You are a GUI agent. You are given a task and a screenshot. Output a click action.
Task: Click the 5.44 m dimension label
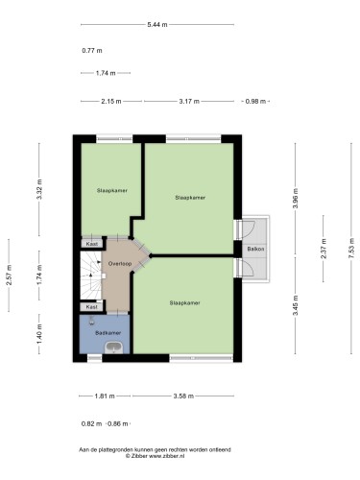(157, 24)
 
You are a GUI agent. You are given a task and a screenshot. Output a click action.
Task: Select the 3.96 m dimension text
(295, 199)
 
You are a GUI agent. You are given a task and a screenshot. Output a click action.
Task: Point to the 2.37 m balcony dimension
(324, 249)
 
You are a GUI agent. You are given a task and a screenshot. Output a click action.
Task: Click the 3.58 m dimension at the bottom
(183, 396)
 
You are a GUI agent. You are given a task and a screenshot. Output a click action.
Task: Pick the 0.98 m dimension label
(255, 102)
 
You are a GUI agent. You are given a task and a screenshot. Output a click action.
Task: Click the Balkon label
(255, 249)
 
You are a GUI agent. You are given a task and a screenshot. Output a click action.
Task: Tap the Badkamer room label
(108, 333)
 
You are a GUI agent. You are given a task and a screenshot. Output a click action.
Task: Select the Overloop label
(120, 264)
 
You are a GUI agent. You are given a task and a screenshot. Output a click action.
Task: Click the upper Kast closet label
(92, 244)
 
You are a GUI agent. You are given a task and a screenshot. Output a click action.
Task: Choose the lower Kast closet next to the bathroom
(92, 307)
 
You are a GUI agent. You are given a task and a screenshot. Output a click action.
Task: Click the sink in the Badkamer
(114, 348)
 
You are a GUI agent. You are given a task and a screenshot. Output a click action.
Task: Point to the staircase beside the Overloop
(90, 276)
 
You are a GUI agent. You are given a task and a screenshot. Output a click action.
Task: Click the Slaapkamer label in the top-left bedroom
(112, 190)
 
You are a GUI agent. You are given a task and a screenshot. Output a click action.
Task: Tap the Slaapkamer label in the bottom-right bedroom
(184, 302)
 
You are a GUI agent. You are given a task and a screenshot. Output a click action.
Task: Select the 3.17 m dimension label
(189, 102)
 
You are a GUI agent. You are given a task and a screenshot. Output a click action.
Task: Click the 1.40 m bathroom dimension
(39, 334)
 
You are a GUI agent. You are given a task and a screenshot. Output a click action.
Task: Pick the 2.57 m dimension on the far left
(9, 276)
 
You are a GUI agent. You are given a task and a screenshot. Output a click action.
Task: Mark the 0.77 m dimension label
(92, 51)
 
